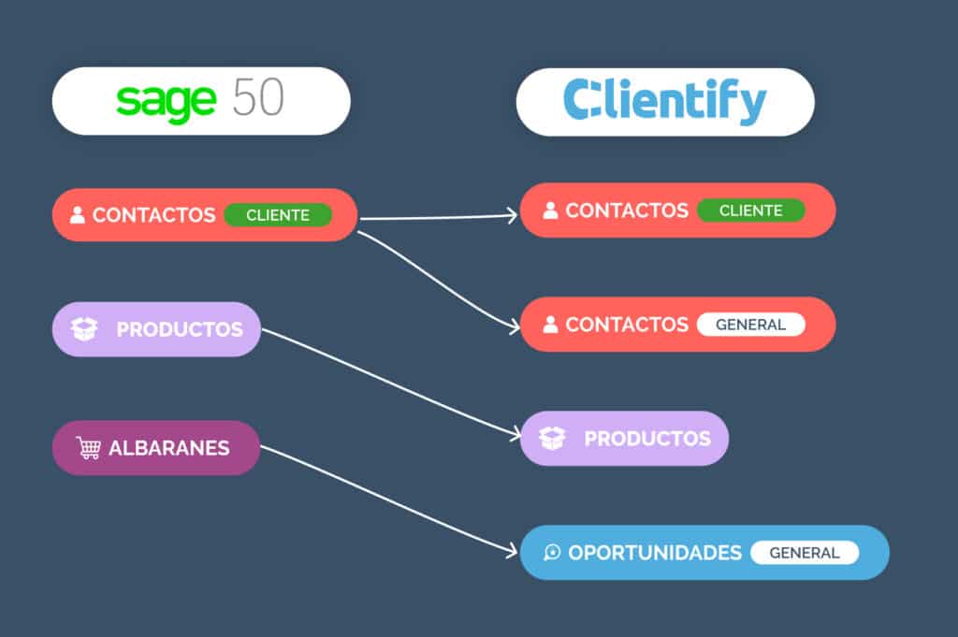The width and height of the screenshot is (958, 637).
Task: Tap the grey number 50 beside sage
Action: tap(257, 98)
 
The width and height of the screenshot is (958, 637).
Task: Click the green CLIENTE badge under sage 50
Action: tap(278, 215)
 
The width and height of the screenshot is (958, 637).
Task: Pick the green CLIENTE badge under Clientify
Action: tap(750, 210)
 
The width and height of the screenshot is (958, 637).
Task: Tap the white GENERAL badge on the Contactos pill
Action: tap(750, 325)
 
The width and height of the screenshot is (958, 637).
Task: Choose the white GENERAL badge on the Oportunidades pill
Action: tap(804, 553)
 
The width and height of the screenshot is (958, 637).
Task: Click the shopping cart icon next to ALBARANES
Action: tap(89, 448)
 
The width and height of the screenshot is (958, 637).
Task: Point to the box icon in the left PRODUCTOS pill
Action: tap(84, 329)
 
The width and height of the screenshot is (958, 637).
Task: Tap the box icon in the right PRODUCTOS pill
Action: tap(553, 439)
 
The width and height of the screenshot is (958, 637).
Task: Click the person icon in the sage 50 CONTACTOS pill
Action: tap(78, 215)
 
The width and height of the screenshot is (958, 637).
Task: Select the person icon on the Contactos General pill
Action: tap(550, 325)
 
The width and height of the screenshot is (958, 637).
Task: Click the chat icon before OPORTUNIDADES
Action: tap(552, 553)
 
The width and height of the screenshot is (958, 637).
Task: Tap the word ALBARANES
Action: tap(168, 448)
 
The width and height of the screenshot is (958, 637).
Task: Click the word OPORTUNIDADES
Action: tap(655, 553)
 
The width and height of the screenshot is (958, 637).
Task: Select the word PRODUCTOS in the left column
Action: tap(180, 329)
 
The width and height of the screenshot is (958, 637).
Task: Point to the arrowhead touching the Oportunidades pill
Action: tap(512, 553)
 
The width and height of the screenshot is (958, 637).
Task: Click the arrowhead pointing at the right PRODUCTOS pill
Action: tap(514, 434)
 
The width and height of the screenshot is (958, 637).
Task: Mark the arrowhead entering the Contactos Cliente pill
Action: tap(512, 215)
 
